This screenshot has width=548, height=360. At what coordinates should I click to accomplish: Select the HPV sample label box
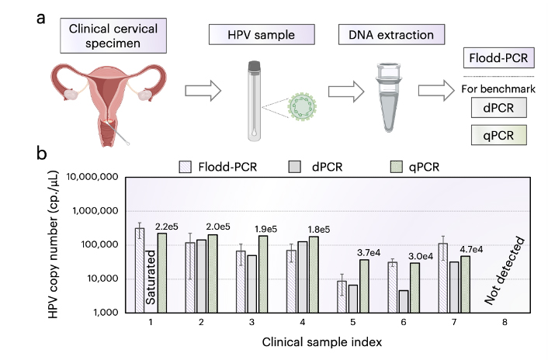pyautogui.click(x=262, y=34)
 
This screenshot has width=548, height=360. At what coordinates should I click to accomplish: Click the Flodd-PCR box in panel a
pyautogui.click(x=495, y=58)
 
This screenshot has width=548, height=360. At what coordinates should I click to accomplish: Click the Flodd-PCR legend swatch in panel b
pyautogui.click(x=186, y=165)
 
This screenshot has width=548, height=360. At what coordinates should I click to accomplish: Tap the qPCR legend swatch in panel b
pyautogui.click(x=397, y=165)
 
